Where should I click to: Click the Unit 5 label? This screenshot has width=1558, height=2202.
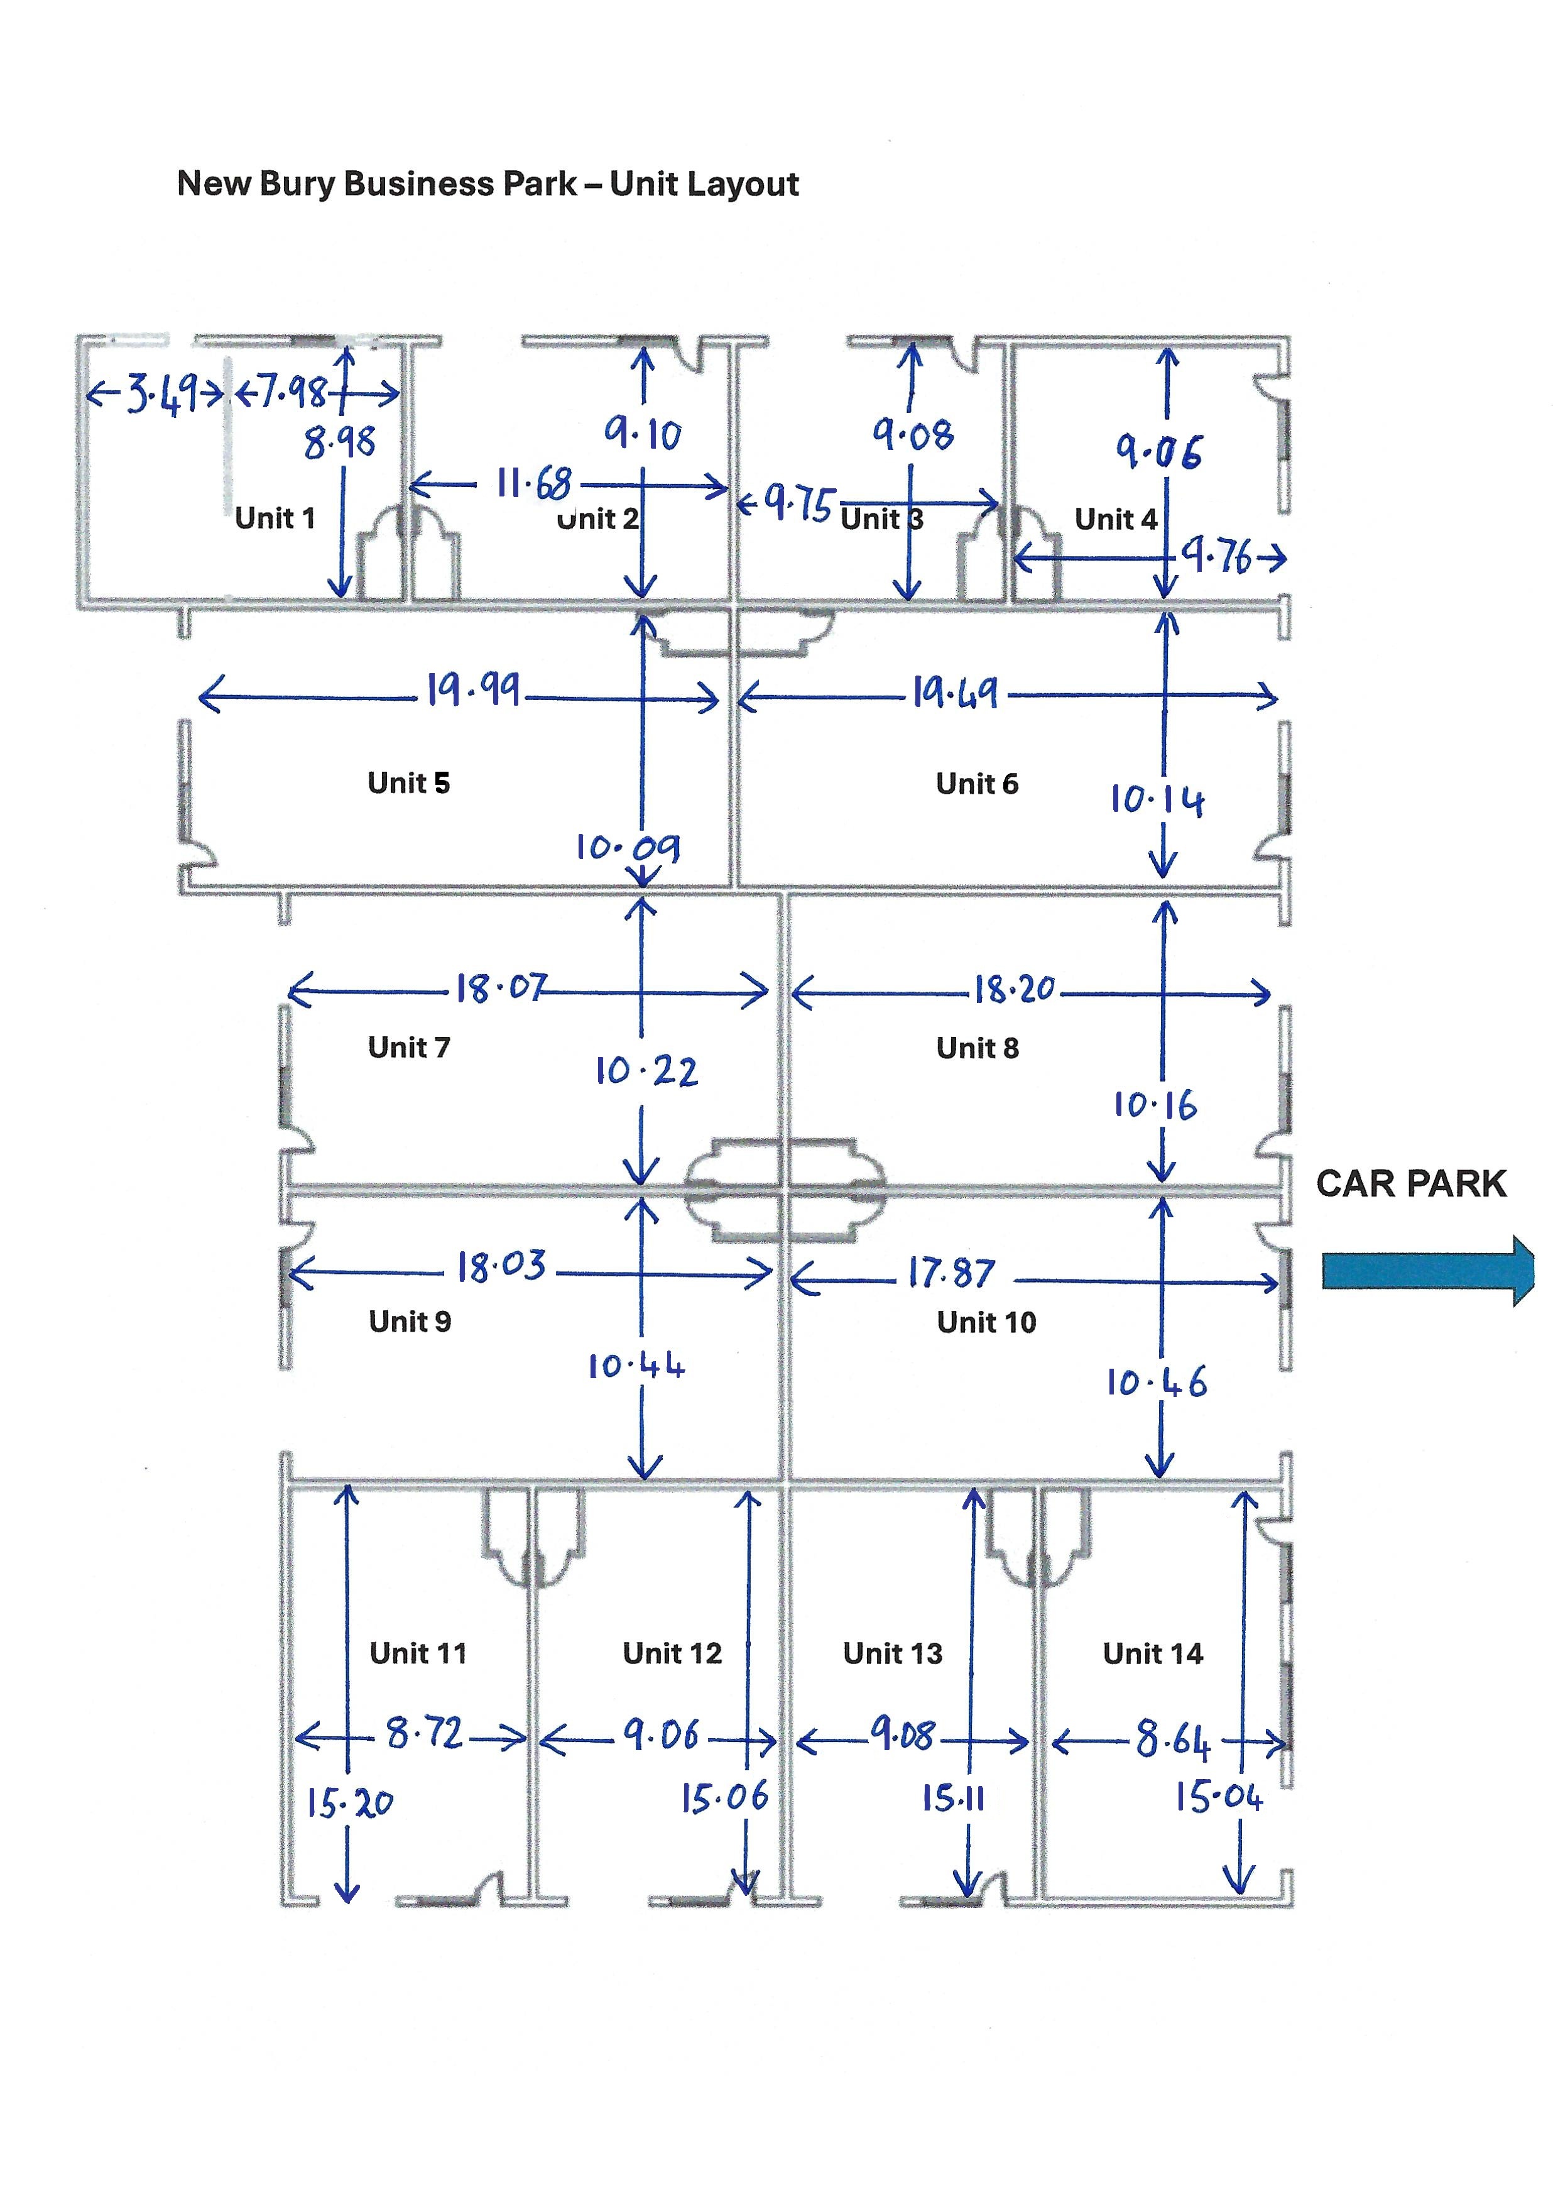(x=409, y=783)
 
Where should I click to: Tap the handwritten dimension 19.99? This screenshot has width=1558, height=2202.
(x=474, y=689)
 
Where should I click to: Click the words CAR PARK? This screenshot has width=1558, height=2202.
(x=1411, y=1184)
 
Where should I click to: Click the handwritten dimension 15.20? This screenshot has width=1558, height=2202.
(x=349, y=1803)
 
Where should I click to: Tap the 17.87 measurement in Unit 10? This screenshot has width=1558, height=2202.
(x=952, y=1273)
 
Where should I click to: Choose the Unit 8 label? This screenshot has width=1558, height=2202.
(x=978, y=1048)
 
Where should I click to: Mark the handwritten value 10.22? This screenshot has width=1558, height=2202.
(x=646, y=1071)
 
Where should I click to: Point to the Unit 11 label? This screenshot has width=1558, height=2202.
(x=418, y=1653)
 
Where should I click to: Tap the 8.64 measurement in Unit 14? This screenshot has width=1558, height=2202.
(x=1172, y=1739)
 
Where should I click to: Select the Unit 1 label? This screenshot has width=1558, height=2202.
(x=275, y=518)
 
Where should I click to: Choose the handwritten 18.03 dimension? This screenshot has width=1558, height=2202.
(x=501, y=1266)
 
